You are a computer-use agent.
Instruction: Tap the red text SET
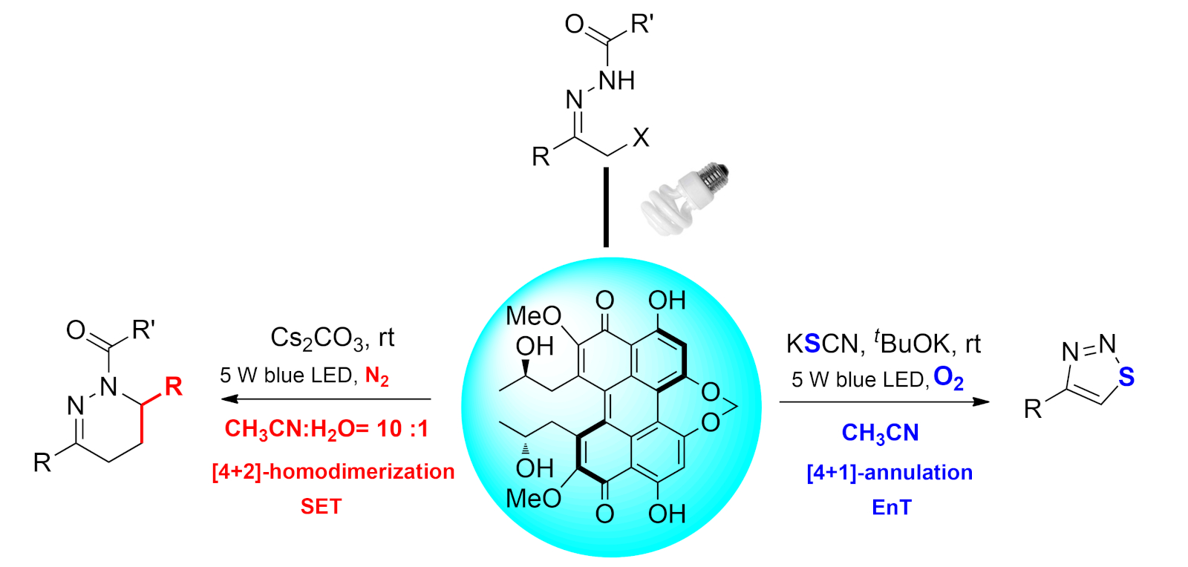[321, 506]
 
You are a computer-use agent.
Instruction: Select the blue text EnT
[891, 507]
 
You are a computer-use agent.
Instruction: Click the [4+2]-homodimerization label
[333, 471]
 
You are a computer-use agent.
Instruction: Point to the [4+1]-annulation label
[890, 472]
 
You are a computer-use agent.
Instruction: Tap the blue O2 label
[948, 378]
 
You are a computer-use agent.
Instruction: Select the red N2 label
[376, 376]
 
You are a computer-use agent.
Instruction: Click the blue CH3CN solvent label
[880, 433]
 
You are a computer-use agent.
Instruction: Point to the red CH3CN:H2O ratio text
[326, 429]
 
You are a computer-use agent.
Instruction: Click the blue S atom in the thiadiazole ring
[1126, 377]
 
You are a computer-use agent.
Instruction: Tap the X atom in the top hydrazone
[641, 137]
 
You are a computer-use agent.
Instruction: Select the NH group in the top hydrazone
[616, 80]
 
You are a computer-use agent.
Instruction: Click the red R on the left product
[173, 386]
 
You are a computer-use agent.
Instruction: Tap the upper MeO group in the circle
[533, 316]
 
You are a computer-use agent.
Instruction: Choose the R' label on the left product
[143, 329]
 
